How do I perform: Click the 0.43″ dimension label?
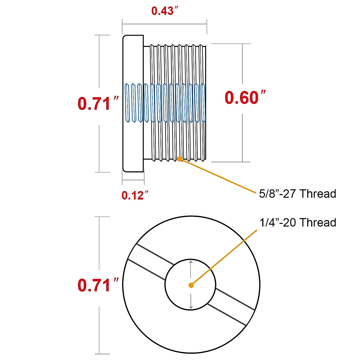[x=165, y=10]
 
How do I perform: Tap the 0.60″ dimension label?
[x=245, y=97]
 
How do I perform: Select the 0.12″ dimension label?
[x=135, y=195]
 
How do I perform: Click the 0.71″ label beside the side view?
[x=98, y=103]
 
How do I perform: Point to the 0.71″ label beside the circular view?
[x=98, y=285]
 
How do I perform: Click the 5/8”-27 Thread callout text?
[x=298, y=193]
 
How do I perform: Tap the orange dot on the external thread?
[x=180, y=159]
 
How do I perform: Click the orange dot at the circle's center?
[x=191, y=285]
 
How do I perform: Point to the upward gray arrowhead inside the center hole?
[x=190, y=262]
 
